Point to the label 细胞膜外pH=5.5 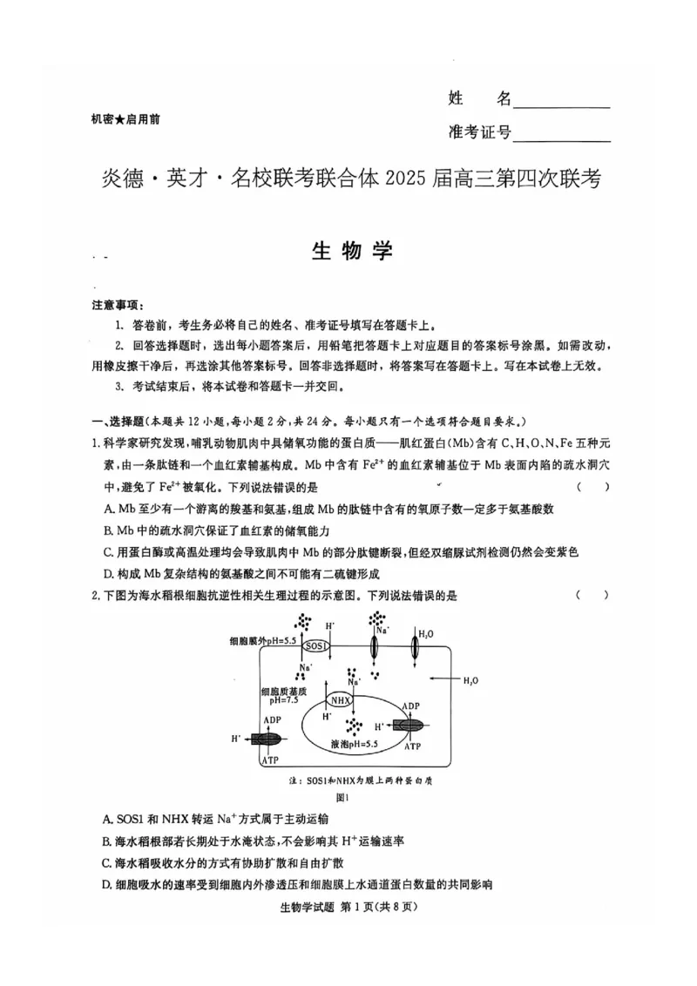click(263, 639)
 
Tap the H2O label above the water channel click(426, 633)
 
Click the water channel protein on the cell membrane click(416, 650)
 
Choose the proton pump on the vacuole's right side click(410, 725)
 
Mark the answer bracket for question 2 click(592, 595)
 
